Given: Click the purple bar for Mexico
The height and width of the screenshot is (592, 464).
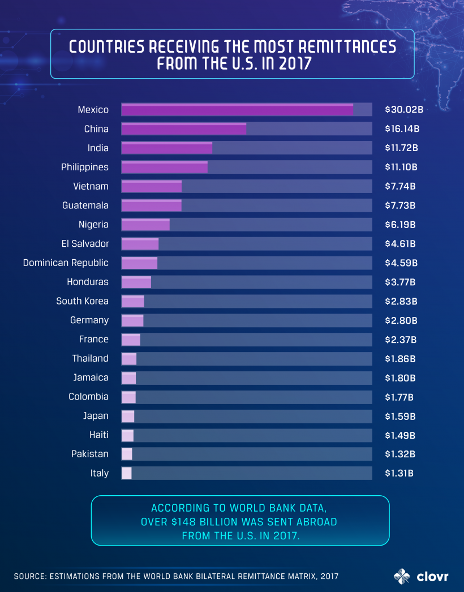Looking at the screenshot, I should [x=237, y=110].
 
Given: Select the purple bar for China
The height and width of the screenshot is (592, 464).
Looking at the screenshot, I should [x=184, y=129].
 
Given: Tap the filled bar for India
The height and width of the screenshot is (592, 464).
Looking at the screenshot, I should [x=167, y=148].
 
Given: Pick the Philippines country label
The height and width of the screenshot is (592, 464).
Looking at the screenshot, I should [x=85, y=167].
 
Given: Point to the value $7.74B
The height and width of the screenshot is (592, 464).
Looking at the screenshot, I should [x=400, y=186].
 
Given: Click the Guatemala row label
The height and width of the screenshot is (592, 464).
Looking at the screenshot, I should [x=85, y=205].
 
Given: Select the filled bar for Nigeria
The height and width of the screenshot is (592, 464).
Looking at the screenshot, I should [x=145, y=225].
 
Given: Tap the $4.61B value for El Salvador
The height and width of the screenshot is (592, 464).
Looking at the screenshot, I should [x=400, y=244].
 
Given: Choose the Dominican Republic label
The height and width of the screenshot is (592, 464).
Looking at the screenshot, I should [x=66, y=263].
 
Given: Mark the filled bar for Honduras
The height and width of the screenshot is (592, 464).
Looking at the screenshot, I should [x=136, y=282].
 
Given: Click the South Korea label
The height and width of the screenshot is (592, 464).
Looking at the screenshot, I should [x=83, y=301].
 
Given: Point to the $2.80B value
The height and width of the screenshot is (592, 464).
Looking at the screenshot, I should [x=401, y=320].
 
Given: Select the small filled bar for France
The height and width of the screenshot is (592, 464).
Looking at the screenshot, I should [x=131, y=340].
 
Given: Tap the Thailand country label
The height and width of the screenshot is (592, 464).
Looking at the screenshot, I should [x=91, y=358].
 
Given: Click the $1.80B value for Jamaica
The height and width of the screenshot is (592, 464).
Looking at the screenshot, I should [x=400, y=377].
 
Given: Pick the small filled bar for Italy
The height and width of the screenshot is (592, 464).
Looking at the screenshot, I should [x=127, y=473].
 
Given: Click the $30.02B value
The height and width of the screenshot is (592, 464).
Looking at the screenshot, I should [x=403, y=110].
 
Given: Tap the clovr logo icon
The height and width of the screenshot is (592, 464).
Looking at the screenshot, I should [x=402, y=576].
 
